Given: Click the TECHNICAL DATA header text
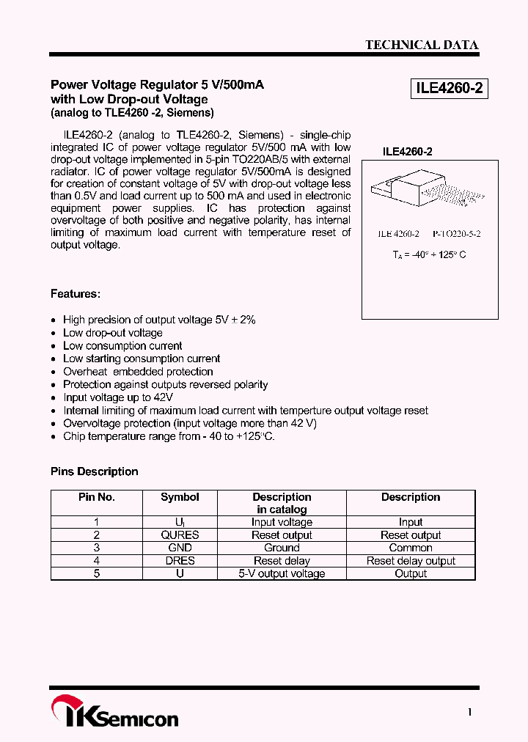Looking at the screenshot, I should click(422, 45).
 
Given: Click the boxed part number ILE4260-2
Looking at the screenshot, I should click(449, 89).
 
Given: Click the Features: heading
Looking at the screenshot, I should click(76, 294).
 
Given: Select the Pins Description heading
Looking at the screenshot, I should click(94, 471).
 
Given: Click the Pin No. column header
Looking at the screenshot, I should click(96, 497).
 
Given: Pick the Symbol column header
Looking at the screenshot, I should click(180, 497).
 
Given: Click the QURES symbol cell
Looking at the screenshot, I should click(180, 535).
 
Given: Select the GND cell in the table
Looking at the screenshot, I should click(180, 548).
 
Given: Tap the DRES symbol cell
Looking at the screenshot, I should click(180, 561).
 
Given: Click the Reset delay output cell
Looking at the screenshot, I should click(411, 561).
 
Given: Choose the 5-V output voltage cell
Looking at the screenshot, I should click(282, 573).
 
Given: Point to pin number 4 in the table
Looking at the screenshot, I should click(96, 561).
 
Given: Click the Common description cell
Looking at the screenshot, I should click(411, 548).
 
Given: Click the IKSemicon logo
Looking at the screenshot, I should click(114, 713).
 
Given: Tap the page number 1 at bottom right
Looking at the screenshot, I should click(470, 712).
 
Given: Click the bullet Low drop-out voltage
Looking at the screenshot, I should click(112, 333).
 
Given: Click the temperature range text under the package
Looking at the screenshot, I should click(429, 254).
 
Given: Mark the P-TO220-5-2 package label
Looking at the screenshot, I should click(456, 234).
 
